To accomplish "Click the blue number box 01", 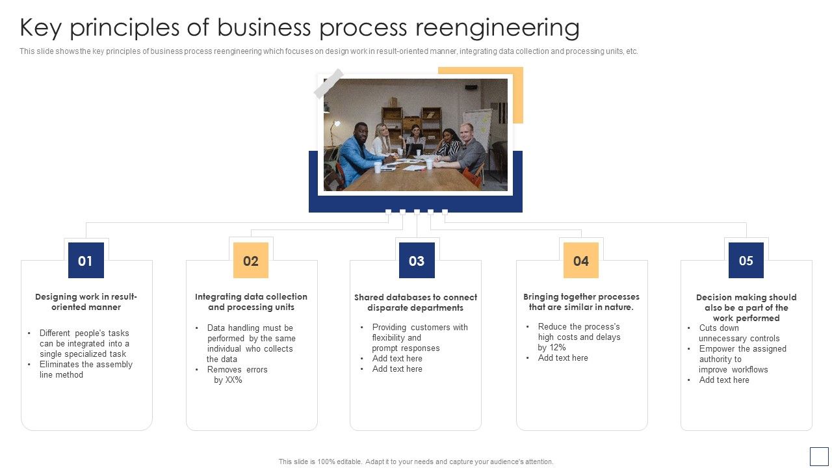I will pyautogui.click(x=86, y=261).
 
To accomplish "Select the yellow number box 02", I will pyautogui.click(x=251, y=261).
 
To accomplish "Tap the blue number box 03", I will pyautogui.click(x=417, y=261).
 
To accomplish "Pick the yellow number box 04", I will pyautogui.click(x=581, y=261).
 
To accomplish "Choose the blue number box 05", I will pyautogui.click(x=746, y=261).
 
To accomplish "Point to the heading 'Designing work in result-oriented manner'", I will pyautogui.click(x=86, y=302).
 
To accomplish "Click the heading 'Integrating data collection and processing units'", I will pyautogui.click(x=251, y=302).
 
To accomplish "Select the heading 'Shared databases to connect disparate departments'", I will pyautogui.click(x=415, y=302).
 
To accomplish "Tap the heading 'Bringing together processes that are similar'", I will pyautogui.click(x=581, y=302).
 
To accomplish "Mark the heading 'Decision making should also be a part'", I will pyautogui.click(x=746, y=307).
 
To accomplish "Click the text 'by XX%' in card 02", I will pyautogui.click(x=228, y=380).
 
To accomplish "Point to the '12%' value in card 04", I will pyautogui.click(x=558, y=348).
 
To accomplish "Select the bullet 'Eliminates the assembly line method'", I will pyautogui.click(x=85, y=369).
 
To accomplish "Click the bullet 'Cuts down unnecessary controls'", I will pyautogui.click(x=738, y=333).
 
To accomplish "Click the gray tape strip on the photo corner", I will pyautogui.click(x=329, y=83).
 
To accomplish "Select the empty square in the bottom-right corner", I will pyautogui.click(x=819, y=456).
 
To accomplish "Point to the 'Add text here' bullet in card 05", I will pyautogui.click(x=724, y=380).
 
